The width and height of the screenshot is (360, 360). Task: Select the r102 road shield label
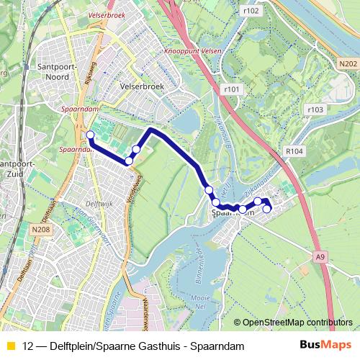point(251,11)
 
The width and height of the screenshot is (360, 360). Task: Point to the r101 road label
point(230,89)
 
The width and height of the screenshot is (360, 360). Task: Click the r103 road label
point(314,109)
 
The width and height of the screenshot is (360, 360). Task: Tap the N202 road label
point(346,63)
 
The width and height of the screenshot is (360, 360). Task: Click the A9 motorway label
point(320,255)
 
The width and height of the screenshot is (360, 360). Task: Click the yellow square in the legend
point(10,346)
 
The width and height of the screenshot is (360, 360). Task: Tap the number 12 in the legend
point(28,346)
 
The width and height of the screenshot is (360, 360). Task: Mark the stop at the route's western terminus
point(90,135)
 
